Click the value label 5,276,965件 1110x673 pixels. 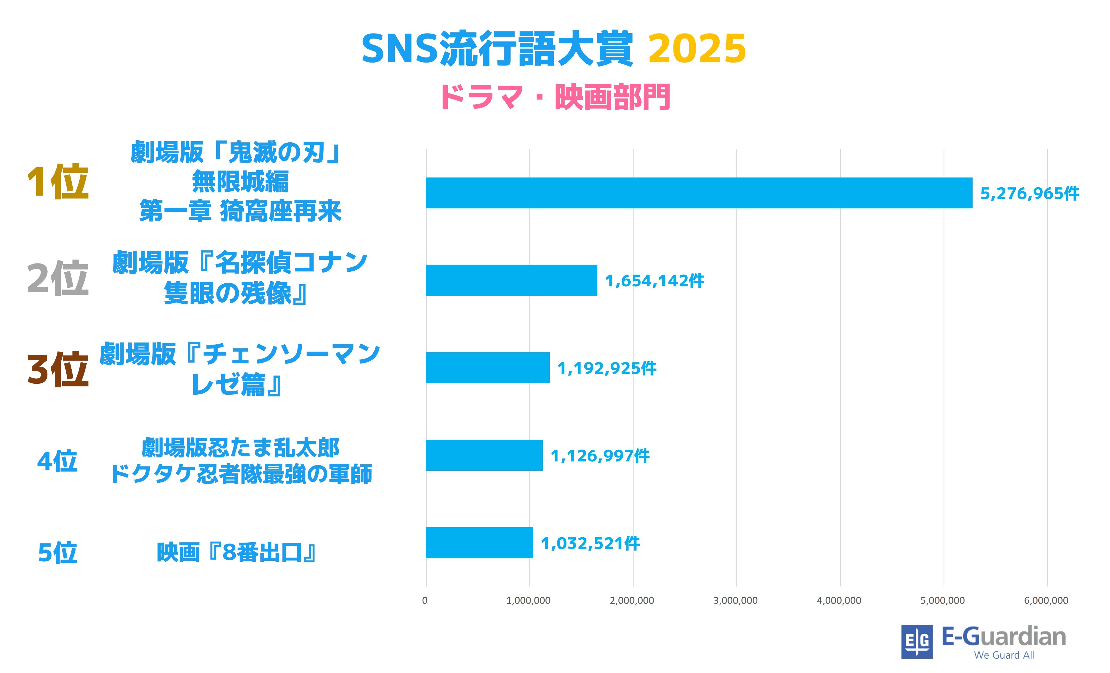pos(1029,193)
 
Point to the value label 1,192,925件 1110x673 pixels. pos(606,368)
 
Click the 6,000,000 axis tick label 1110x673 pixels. pos(1046,601)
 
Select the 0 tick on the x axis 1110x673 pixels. pos(425,601)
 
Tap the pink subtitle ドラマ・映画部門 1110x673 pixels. pos(555,97)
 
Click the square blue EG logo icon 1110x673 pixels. pos(917,642)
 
